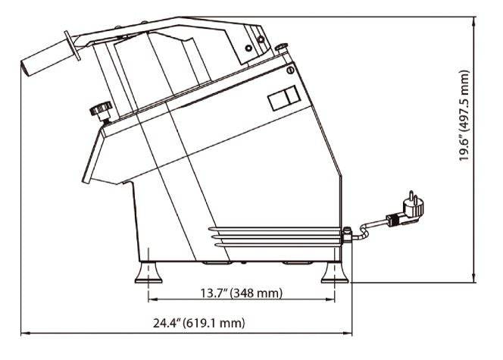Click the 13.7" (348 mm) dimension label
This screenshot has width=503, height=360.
242,293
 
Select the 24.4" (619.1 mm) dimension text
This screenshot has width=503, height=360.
199,322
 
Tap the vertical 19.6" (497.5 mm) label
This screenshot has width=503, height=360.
464,115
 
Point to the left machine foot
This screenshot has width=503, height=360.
148,273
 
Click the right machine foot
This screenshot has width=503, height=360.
335,273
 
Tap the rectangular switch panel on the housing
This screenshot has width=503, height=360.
284,98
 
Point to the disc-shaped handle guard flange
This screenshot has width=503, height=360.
72,45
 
